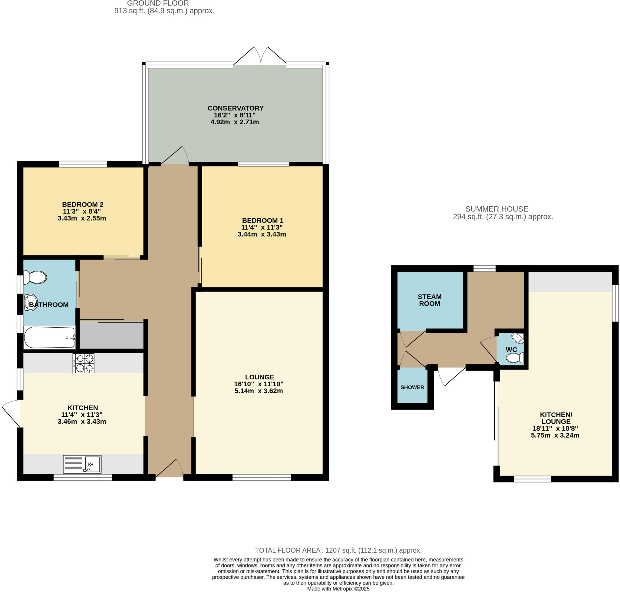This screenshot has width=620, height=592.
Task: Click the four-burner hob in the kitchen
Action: pyautogui.click(x=83, y=363)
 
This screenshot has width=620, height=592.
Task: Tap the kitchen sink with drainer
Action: pyautogui.click(x=82, y=464)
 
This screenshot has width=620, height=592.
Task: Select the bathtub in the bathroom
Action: pyautogui.click(x=50, y=338)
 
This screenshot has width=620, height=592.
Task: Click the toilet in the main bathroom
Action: pyautogui.click(x=35, y=277)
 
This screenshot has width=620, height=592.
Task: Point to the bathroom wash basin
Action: pyautogui.click(x=30, y=302)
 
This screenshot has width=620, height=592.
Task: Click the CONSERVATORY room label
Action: pyautogui.click(x=235, y=108)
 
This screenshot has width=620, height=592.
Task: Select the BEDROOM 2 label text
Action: pyautogui.click(x=83, y=204)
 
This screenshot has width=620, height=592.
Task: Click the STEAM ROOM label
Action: pyautogui.click(x=429, y=300)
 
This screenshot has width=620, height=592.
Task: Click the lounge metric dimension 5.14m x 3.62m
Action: pyautogui.click(x=258, y=391)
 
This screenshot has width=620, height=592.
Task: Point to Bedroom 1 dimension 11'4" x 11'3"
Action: pyautogui.click(x=262, y=227)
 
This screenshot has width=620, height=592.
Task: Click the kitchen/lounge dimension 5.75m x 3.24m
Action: pyautogui.click(x=555, y=436)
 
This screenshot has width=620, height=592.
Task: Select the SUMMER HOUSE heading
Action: pyautogui.click(x=496, y=209)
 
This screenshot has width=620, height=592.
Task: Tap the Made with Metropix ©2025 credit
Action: pyautogui.click(x=338, y=589)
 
